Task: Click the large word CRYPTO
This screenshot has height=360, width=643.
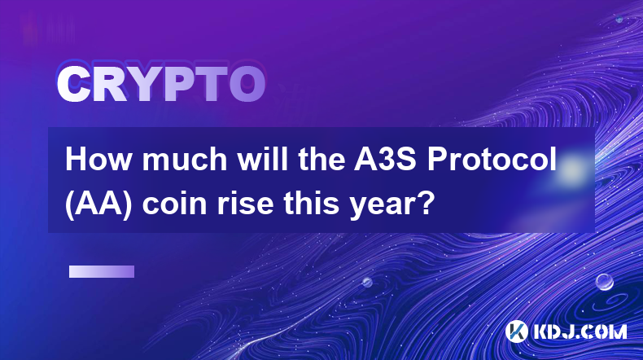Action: [x=161, y=84]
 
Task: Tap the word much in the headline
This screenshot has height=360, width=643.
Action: [x=185, y=159]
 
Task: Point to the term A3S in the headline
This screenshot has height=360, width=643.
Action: [x=386, y=159]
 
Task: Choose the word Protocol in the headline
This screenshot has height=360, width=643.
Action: [x=492, y=159]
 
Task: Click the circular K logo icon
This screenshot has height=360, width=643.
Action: [x=516, y=331]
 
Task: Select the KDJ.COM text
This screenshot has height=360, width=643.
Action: [x=580, y=331]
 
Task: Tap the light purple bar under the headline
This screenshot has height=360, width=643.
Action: [x=102, y=271]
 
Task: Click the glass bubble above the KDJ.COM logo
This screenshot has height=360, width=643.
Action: [x=604, y=282]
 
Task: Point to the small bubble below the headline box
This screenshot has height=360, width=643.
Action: [x=367, y=282]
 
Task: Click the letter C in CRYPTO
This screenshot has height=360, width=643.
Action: [x=74, y=84]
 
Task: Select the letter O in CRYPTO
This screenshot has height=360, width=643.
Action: [x=247, y=84]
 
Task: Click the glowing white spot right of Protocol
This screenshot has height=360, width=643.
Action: [x=571, y=169]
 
